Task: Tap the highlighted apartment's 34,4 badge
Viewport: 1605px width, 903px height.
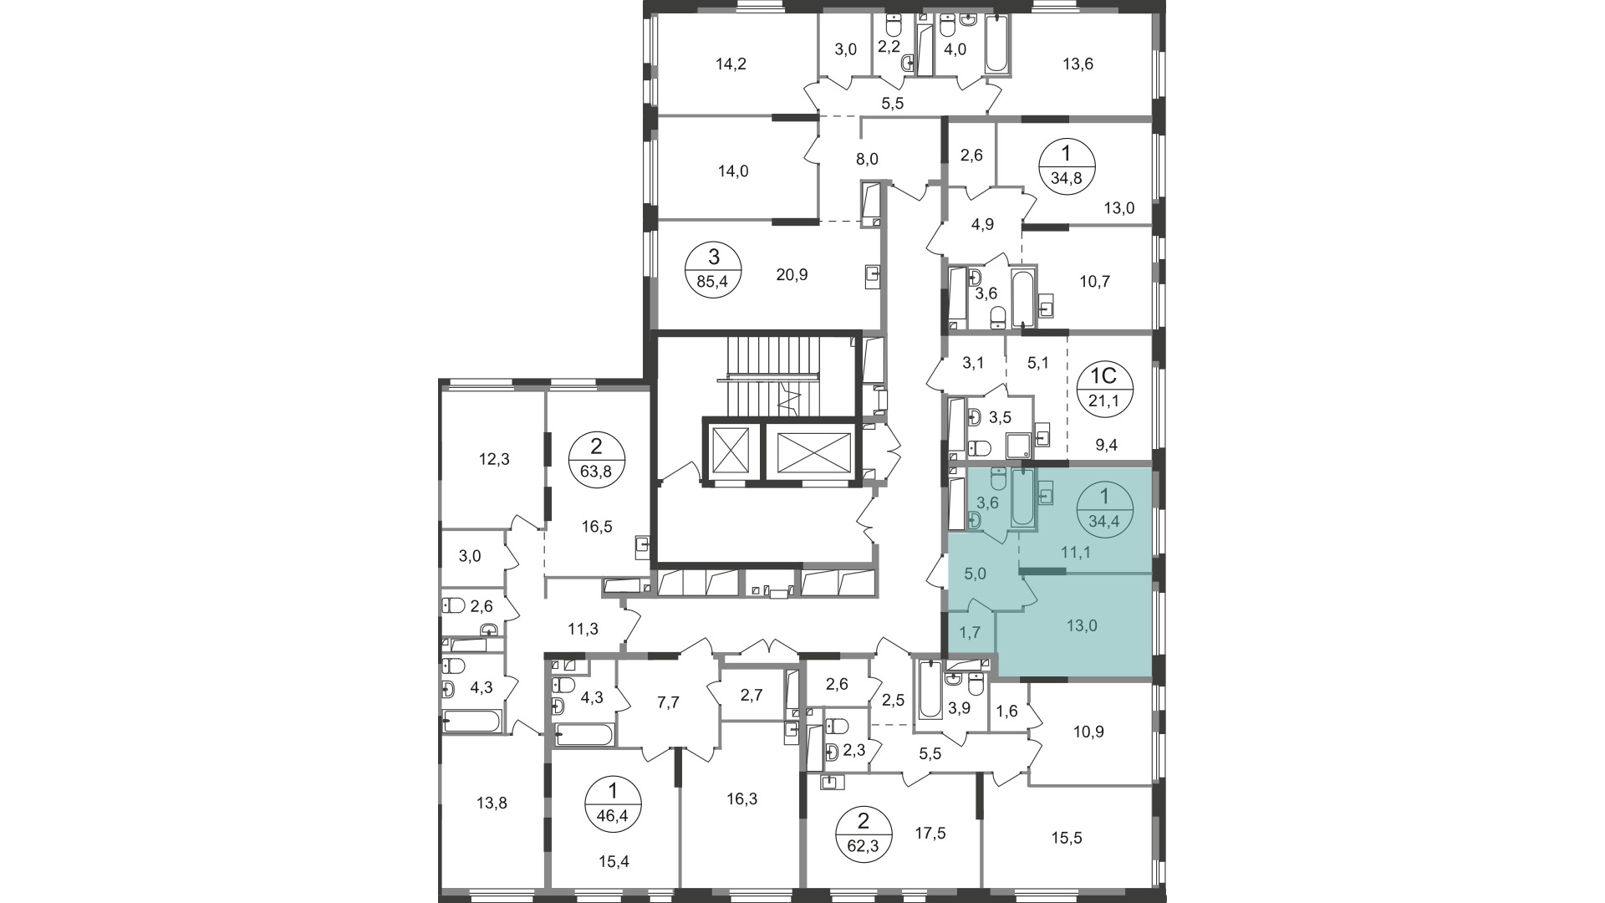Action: [x=1104, y=508]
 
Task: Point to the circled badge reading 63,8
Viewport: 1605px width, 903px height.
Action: [x=596, y=459]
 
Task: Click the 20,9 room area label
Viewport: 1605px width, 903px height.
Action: [x=768, y=274]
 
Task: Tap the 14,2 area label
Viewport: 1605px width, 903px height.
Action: [x=731, y=64]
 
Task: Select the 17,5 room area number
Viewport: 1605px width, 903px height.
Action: [x=930, y=833]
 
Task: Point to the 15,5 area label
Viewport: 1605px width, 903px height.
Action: [x=1066, y=838]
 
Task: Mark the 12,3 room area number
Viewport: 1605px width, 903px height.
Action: [x=494, y=459]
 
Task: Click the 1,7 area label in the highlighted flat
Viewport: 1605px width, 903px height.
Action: [x=970, y=632]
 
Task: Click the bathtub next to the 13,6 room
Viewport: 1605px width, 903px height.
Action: [x=997, y=43]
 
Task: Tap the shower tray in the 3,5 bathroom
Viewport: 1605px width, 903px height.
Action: [x=1017, y=446]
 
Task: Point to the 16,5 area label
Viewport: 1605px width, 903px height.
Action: [x=598, y=527]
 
